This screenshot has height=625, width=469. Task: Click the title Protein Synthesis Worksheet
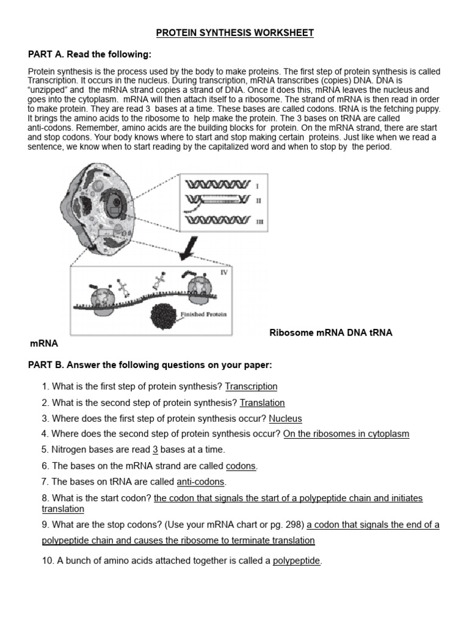point(234,32)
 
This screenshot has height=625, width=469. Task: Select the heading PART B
point(150,365)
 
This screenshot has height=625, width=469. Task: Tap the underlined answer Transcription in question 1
point(251,386)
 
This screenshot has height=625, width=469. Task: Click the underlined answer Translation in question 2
point(262,403)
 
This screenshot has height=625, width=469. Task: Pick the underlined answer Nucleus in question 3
point(285,419)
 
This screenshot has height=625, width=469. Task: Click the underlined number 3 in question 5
point(155,450)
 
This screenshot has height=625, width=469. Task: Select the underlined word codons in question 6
point(241,466)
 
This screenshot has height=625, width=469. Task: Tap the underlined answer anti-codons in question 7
point(201,482)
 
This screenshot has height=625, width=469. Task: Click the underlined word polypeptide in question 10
point(296,561)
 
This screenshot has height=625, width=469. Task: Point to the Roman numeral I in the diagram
point(258,185)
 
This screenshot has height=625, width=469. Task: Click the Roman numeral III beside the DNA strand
point(260,223)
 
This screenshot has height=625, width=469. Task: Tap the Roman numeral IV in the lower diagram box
point(224,272)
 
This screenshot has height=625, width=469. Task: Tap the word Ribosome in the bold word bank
point(291,333)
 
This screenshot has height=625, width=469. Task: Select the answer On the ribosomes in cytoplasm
point(346,434)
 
